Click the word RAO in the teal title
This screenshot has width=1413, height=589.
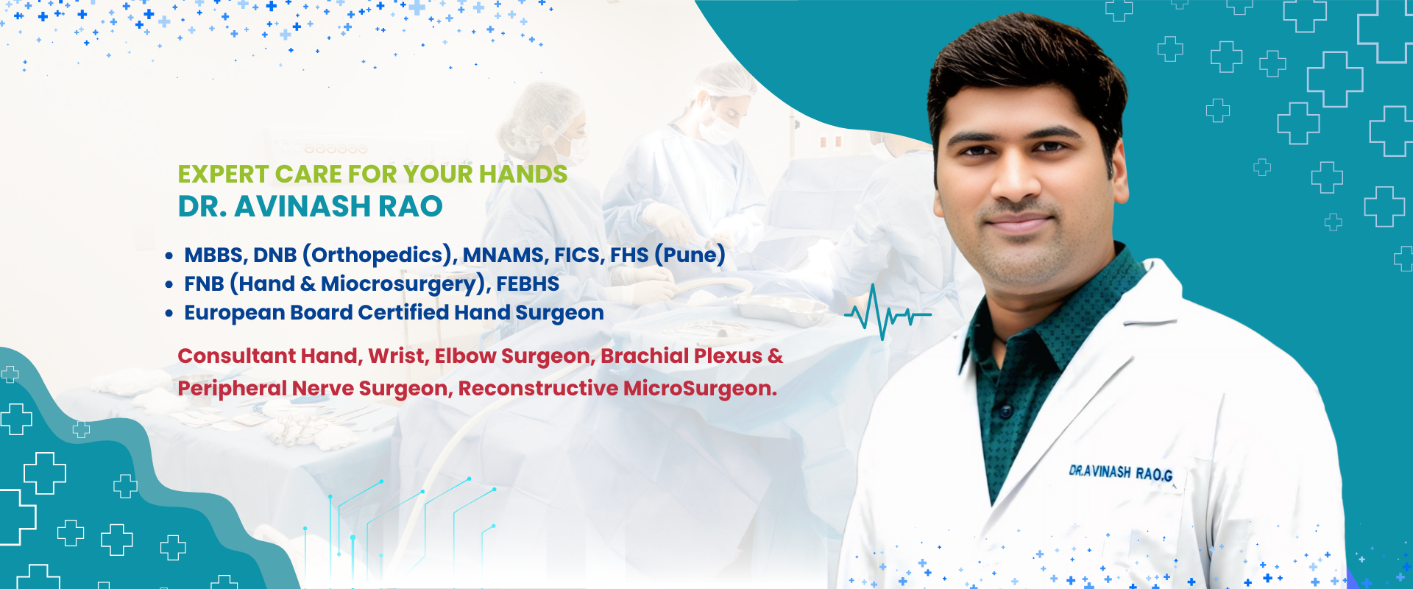point(411,207)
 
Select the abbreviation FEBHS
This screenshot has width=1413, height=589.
point(528,283)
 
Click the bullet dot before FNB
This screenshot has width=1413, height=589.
point(169,284)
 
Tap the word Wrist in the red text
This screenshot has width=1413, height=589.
point(397,356)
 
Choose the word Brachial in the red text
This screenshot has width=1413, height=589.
point(644,356)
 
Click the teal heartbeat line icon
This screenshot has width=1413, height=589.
point(888,313)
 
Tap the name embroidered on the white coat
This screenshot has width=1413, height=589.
point(1120,473)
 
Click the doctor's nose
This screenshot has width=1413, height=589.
point(1016,181)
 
